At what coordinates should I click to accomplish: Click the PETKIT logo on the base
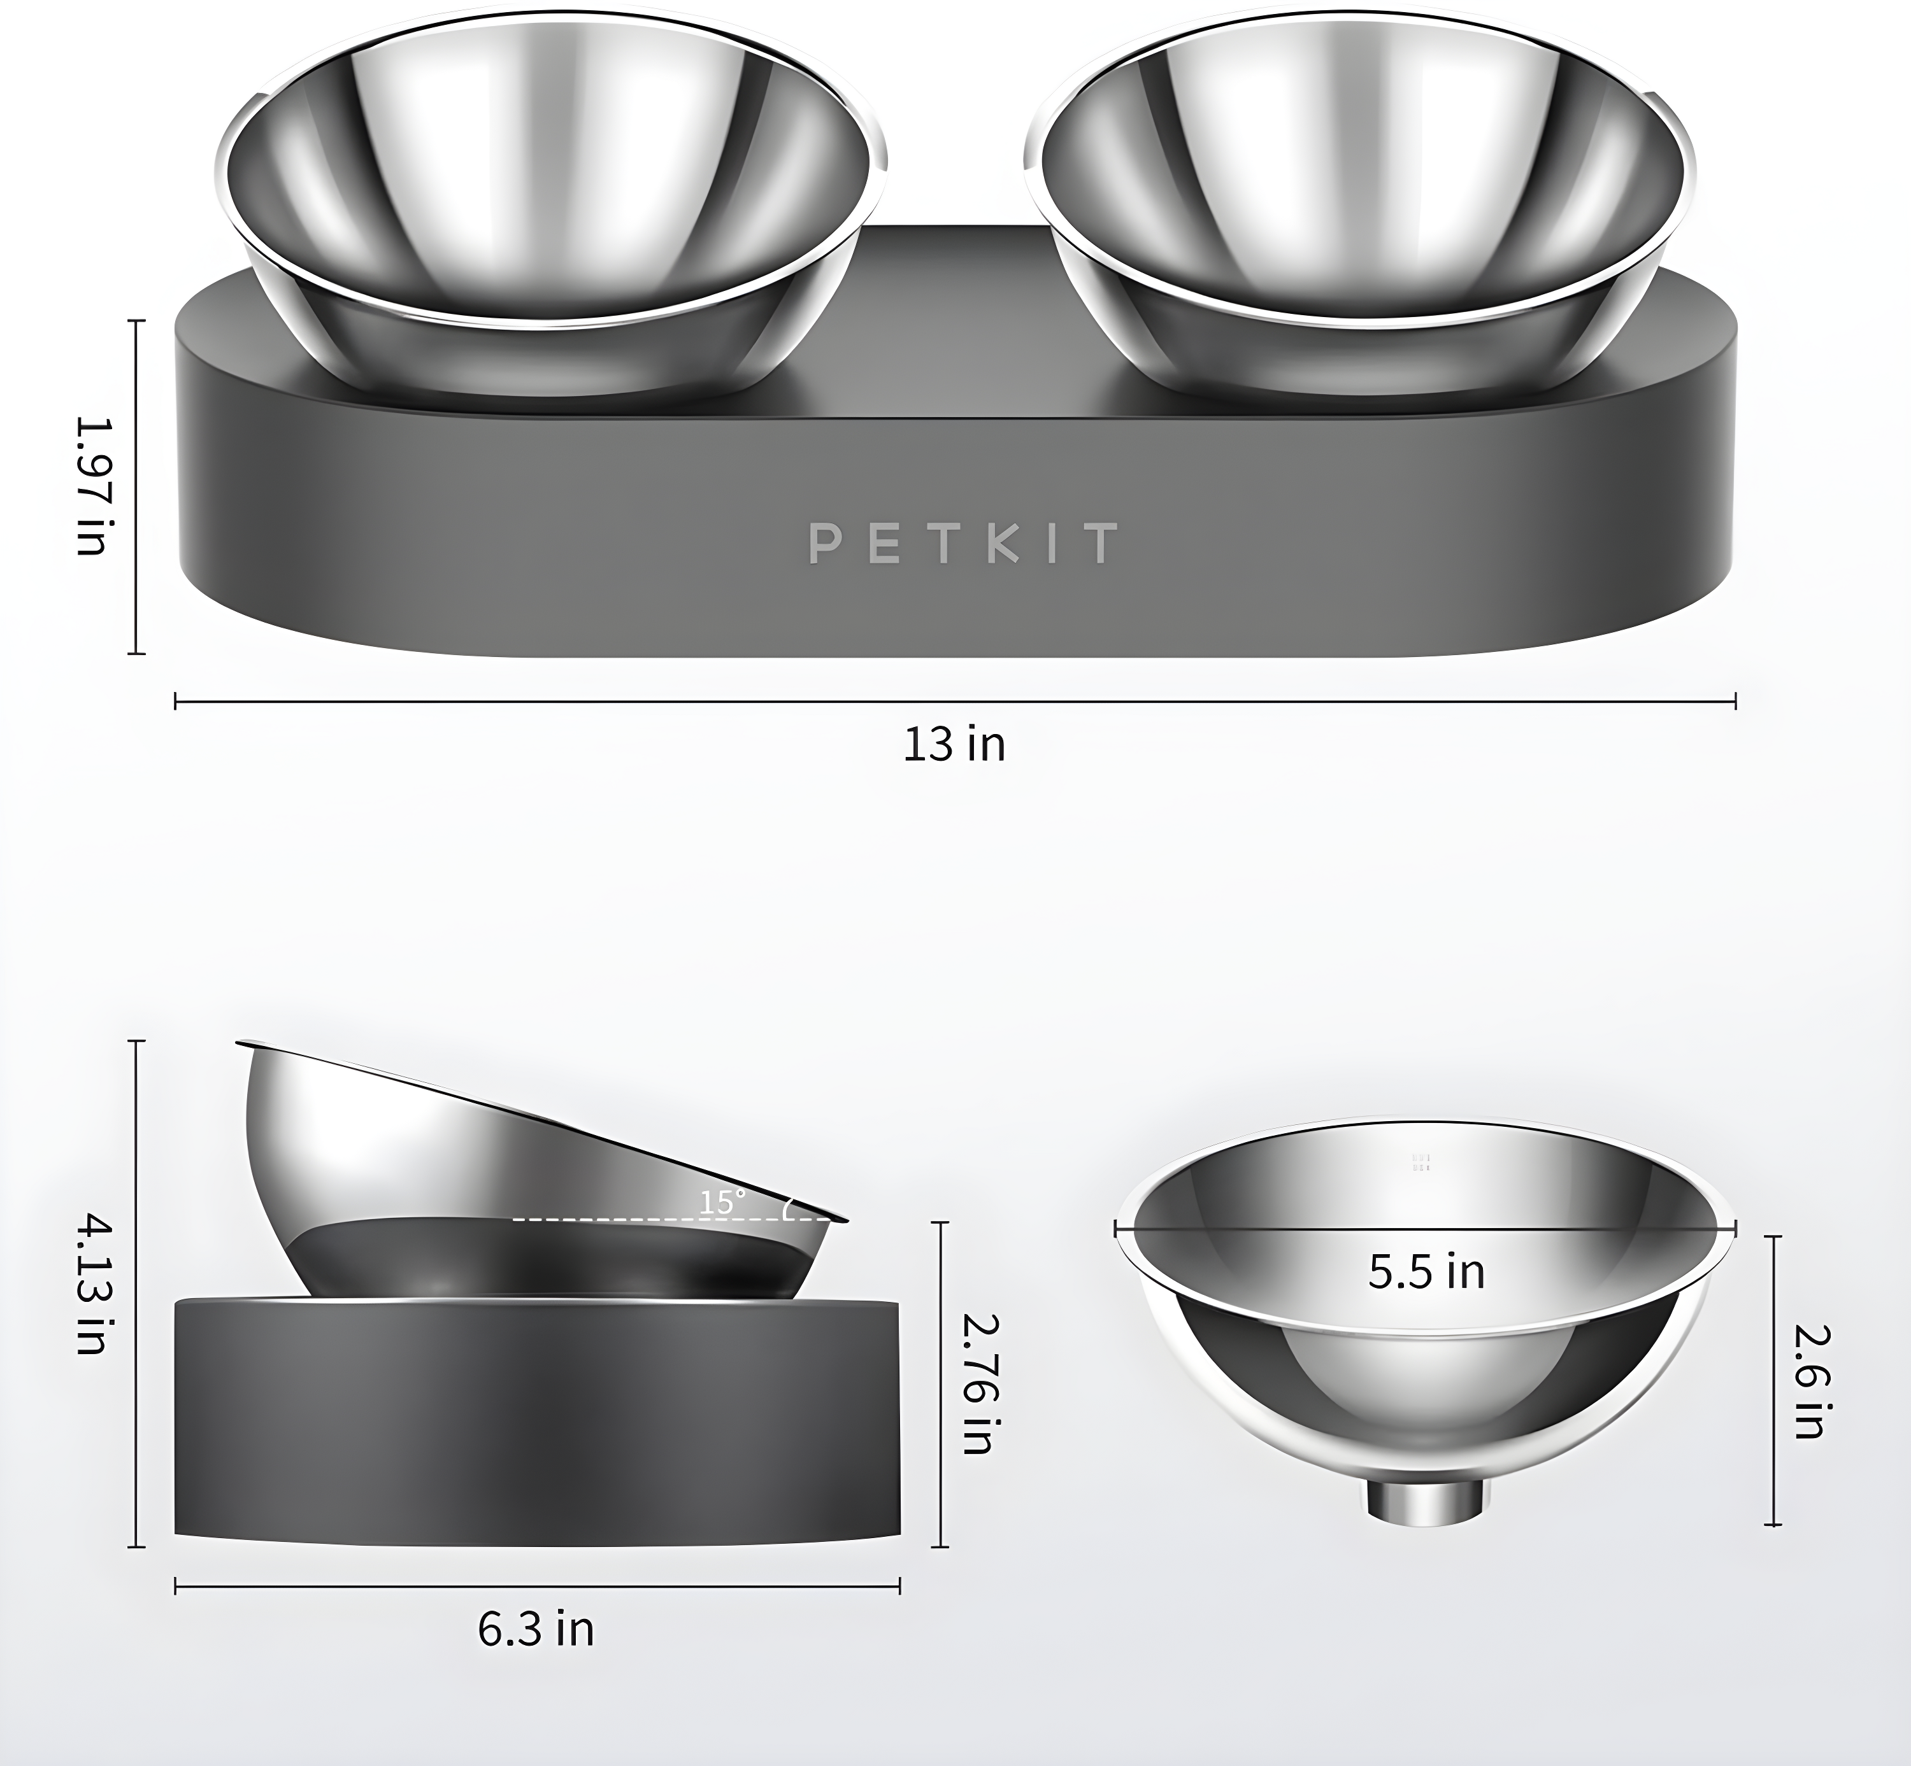[x=963, y=543]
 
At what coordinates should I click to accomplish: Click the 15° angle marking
[x=721, y=1202]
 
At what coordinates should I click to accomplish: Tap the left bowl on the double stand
[x=550, y=191]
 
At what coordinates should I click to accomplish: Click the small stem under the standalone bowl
[x=1426, y=1501]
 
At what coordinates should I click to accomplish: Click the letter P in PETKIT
[x=824, y=543]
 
